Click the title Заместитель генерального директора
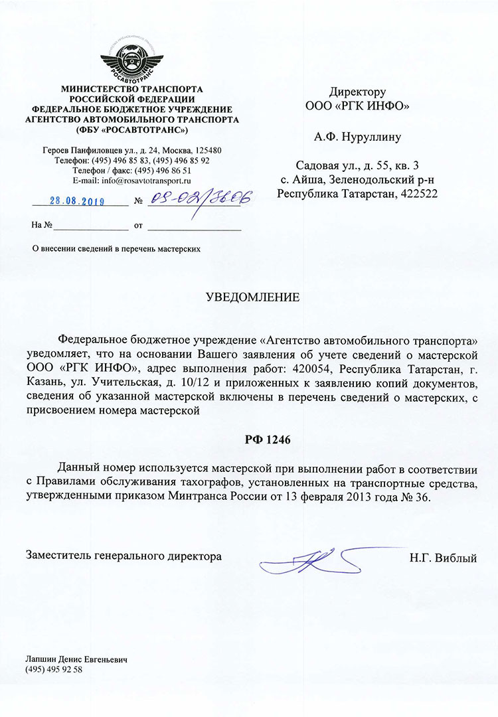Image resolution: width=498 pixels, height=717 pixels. point(124,556)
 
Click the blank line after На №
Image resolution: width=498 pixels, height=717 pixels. point(90,226)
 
